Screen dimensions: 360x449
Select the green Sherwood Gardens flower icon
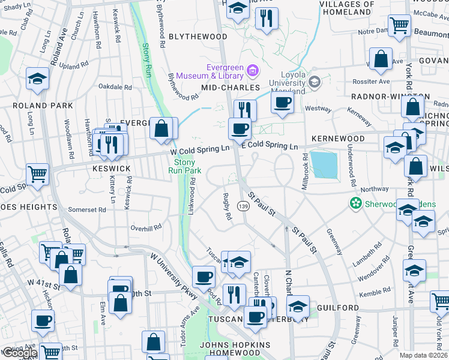point(356,203)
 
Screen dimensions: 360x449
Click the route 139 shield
point(243,206)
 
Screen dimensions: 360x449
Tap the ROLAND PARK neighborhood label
point(43,106)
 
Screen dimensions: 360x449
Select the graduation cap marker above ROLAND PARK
point(37,79)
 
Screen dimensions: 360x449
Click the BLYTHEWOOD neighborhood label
point(197,36)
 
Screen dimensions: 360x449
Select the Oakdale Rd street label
point(115,87)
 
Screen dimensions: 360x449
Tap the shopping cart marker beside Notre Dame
point(399,26)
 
